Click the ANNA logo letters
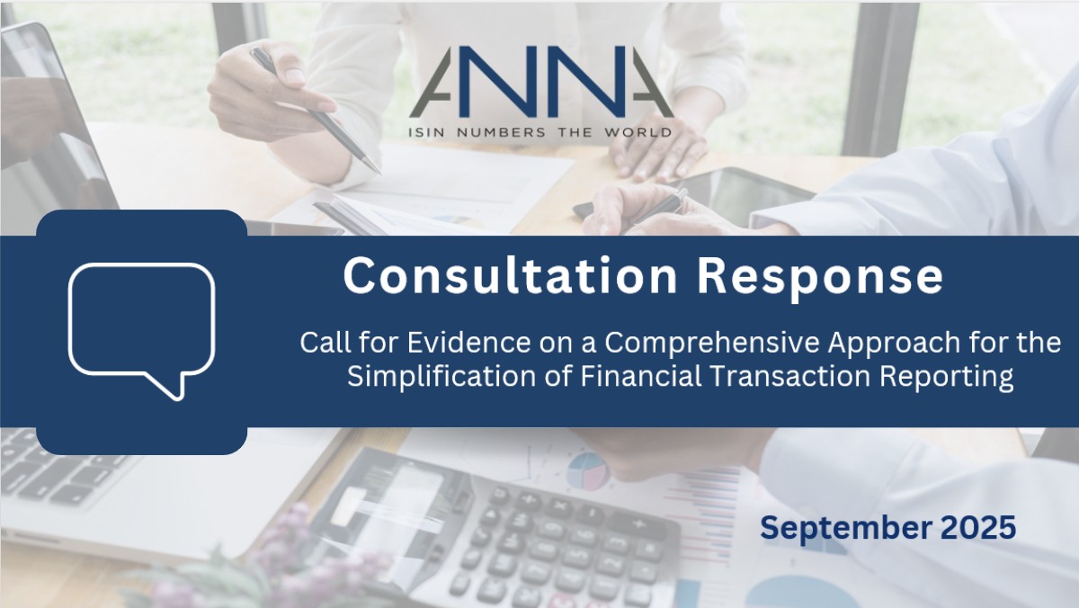[541, 82]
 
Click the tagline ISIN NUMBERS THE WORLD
[540, 132]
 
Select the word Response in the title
[820, 278]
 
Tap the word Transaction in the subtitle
[790, 376]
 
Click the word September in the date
[846, 529]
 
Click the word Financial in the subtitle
[640, 376]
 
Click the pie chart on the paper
[588, 470]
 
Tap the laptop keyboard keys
[58, 472]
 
